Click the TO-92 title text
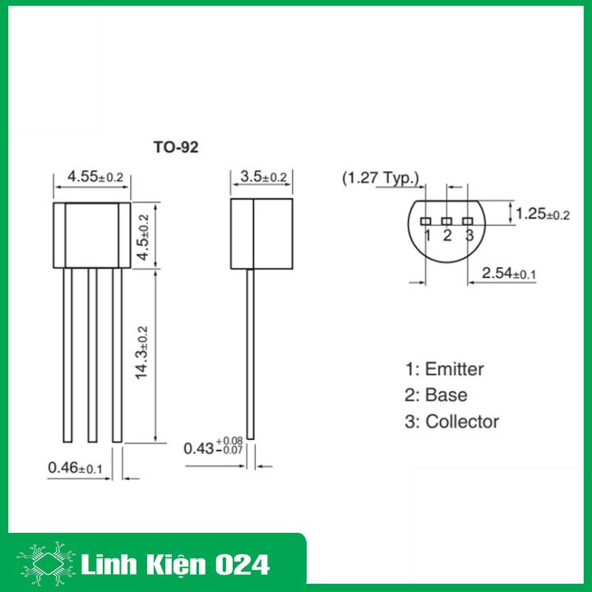tap(175, 148)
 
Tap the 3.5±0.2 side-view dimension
tap(264, 177)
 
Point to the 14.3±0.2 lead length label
tap(142, 352)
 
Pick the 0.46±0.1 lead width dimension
tap(75, 468)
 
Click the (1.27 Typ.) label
tap(381, 178)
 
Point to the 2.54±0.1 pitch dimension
tap(509, 273)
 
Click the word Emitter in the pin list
tap(455, 369)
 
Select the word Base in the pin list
tap(447, 395)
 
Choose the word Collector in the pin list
tap(462, 422)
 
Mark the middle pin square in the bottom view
tap(447, 221)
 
